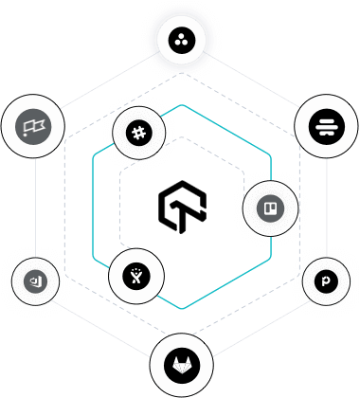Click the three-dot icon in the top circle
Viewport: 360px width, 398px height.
click(x=181, y=40)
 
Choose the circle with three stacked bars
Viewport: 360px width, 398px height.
click(x=324, y=125)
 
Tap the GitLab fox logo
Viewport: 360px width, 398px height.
click(x=180, y=364)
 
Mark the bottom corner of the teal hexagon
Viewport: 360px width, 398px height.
click(x=181, y=309)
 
